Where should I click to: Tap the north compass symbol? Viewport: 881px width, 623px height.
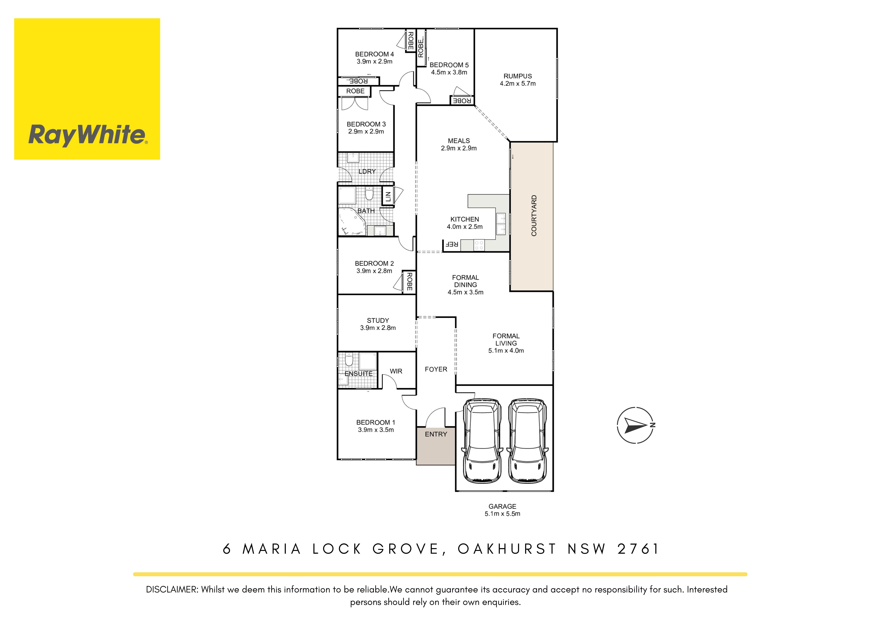pyautogui.click(x=635, y=425)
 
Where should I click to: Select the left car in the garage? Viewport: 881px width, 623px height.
pyautogui.click(x=482, y=441)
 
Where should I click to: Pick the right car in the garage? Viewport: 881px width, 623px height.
pyautogui.click(x=528, y=441)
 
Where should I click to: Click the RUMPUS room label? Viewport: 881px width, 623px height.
pyautogui.click(x=518, y=76)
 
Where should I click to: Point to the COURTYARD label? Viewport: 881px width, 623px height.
pyautogui.click(x=534, y=216)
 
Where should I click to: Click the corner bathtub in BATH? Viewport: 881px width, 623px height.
pyautogui.click(x=352, y=221)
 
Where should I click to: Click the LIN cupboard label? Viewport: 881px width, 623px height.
pyautogui.click(x=388, y=197)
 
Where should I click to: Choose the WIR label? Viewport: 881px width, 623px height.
pyautogui.click(x=396, y=371)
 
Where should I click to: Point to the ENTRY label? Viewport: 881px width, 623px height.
pyautogui.click(x=436, y=434)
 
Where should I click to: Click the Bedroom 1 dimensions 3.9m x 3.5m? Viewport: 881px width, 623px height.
pyautogui.click(x=376, y=430)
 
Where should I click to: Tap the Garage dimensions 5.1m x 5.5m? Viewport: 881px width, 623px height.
pyautogui.click(x=502, y=514)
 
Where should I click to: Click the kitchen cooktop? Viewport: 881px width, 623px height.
pyautogui.click(x=479, y=245)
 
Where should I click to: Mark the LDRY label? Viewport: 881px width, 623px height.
pyautogui.click(x=367, y=172)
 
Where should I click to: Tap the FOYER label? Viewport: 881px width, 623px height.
pyautogui.click(x=436, y=369)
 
